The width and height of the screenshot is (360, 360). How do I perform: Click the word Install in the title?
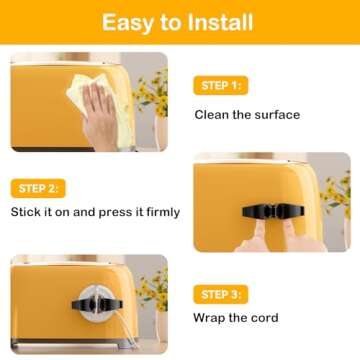[227, 23]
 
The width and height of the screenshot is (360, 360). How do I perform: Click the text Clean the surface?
[246, 115]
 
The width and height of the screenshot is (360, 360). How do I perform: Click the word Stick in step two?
[26, 212]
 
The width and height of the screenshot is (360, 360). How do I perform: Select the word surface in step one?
[274, 115]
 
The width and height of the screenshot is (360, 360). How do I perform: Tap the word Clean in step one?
[210, 115]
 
